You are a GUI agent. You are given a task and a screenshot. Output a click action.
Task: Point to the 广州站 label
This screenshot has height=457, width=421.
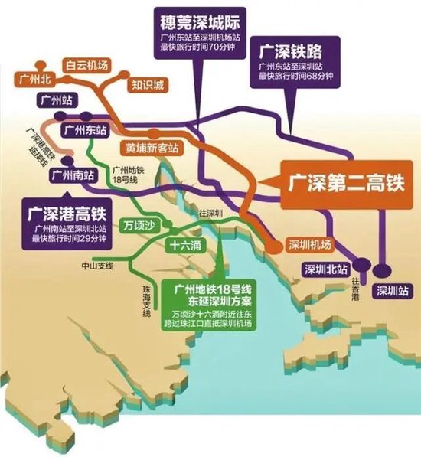pos(55,100)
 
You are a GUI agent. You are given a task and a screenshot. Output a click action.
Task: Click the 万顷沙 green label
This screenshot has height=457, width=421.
pos(138,227)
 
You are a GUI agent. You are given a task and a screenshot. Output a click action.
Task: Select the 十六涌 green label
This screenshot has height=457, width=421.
pos(186,246)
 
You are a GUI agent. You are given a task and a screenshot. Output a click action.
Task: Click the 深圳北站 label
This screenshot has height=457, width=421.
pos(324,269)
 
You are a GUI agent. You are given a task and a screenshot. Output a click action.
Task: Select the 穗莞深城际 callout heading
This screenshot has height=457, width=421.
pos(195,15)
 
